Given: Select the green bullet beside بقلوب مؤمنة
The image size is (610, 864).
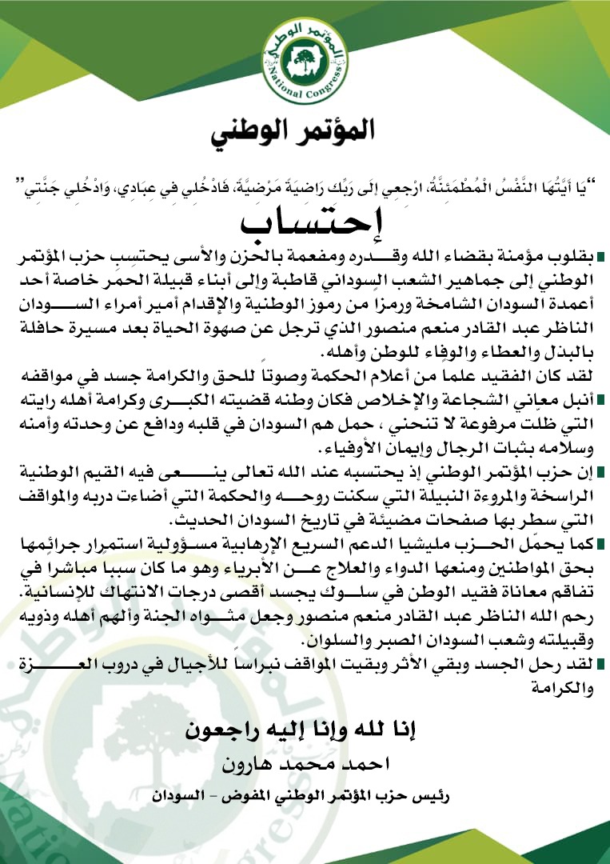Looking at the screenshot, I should (x=600, y=257).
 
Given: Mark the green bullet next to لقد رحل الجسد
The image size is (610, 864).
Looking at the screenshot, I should (x=600, y=664).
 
